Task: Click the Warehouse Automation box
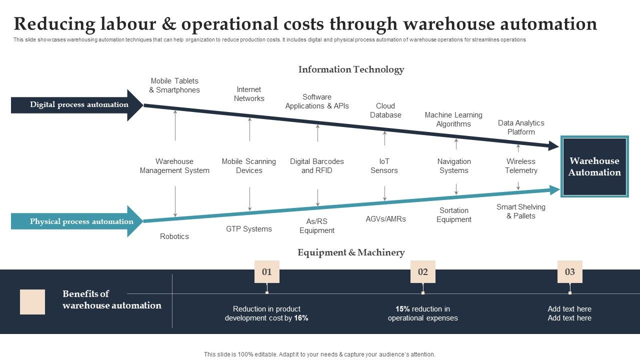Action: pyautogui.click(x=594, y=166)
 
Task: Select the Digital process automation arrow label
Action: pyautogui.click(x=79, y=104)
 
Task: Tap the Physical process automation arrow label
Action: pyautogui.click(x=81, y=221)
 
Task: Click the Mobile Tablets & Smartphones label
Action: pyautogui.click(x=174, y=85)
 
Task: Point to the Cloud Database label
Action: pyautogui.click(x=385, y=110)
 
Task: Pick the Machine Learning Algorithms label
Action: pyautogui.click(x=453, y=119)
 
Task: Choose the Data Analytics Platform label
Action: pyautogui.click(x=521, y=127)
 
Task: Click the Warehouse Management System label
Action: pyautogui.click(x=174, y=166)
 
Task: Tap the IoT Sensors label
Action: pyautogui.click(x=384, y=166)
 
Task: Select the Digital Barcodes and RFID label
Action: pyautogui.click(x=317, y=166)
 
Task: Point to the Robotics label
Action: pyautogui.click(x=174, y=236)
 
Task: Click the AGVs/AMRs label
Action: pyautogui.click(x=385, y=219)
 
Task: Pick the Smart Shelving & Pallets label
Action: pyautogui.click(x=521, y=211)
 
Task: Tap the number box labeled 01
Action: pyautogui.click(x=267, y=272)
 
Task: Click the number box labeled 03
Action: pyautogui.click(x=570, y=272)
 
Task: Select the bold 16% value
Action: pyautogui.click(x=301, y=318)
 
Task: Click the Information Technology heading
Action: pyautogui.click(x=351, y=69)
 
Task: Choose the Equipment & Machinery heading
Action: pyautogui.click(x=351, y=252)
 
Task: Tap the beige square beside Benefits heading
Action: pyautogui.click(x=32, y=302)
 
